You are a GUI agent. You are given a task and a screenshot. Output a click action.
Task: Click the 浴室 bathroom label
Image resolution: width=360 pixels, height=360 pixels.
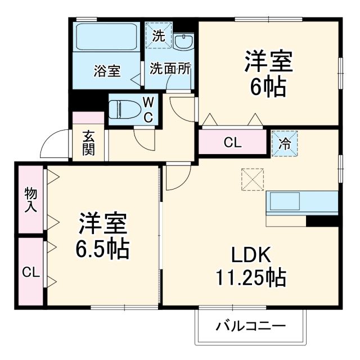(x=106, y=71)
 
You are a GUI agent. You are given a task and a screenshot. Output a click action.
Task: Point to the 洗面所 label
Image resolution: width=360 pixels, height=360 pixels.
(x=169, y=70)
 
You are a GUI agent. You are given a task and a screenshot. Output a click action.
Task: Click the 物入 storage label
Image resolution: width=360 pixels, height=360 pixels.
(x=30, y=199)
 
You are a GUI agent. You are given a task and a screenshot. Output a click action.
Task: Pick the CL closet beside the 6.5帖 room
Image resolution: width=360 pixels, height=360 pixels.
(x=30, y=272)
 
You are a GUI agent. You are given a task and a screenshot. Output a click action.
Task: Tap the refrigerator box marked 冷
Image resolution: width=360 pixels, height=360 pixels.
(x=285, y=143)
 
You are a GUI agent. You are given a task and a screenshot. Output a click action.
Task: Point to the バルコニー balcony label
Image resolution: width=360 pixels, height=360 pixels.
(x=251, y=326)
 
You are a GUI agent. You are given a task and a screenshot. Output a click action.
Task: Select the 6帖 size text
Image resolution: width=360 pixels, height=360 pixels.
(x=268, y=87)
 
